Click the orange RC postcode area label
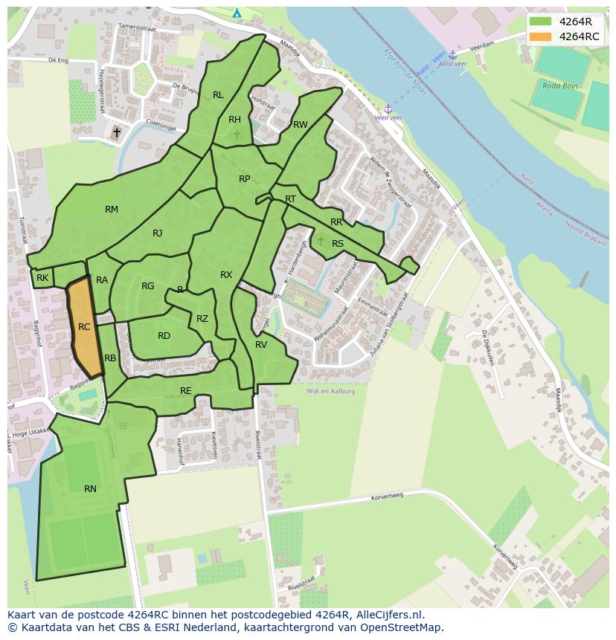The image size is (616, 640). coord(84,327)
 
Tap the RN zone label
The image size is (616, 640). coord(90,489)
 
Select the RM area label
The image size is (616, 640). coord(112,210)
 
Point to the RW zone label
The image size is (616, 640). coord(300,125)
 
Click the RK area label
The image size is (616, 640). coord(42,278)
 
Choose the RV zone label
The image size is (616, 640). coord(261,345)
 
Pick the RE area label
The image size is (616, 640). coord(186,391)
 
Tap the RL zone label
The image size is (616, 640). coord(218,95)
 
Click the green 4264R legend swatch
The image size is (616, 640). coord(541,22)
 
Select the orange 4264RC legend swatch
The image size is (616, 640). coord(541,36)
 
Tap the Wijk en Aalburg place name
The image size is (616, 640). coord(330,391)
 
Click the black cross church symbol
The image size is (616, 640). coord(116,133)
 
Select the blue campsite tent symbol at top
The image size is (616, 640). coord(237,13)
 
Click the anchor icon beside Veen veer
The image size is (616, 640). coord(388,109)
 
